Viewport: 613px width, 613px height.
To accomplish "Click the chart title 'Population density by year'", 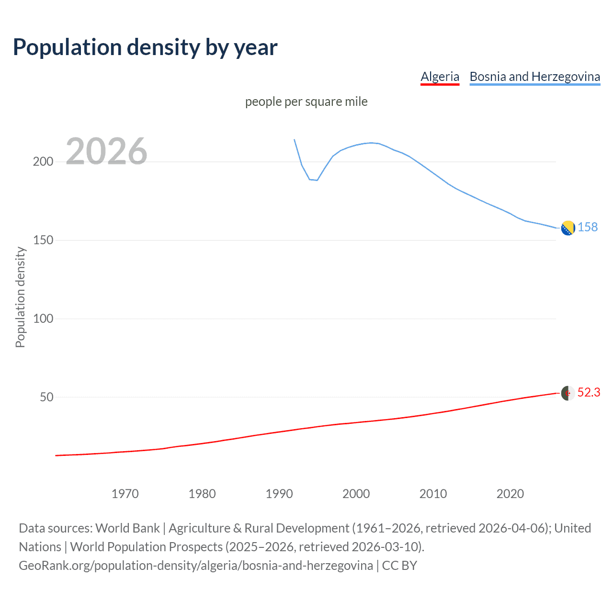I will [145, 47].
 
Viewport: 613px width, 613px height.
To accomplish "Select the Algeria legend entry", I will [440, 77].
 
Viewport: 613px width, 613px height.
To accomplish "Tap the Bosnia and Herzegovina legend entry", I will [534, 77].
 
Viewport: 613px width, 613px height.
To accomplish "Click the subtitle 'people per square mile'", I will [306, 102].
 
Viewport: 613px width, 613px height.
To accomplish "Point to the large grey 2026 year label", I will [106, 151].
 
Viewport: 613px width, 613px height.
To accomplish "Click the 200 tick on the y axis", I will [43, 162].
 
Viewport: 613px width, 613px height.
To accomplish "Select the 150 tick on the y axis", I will [43, 240].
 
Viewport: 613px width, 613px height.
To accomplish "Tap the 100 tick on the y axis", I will [43, 319].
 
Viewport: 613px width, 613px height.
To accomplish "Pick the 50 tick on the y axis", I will [46, 397].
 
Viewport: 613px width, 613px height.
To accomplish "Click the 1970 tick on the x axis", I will [125, 494].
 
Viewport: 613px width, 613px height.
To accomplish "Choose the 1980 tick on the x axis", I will [202, 494].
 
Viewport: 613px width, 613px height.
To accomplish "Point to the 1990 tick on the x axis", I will [279, 494].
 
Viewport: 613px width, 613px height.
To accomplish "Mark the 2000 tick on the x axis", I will [356, 494].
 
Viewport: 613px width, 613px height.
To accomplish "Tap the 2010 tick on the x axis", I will [433, 494].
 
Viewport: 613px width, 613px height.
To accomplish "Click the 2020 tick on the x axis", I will [510, 494].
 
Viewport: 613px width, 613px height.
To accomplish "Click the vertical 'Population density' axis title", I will [20, 297].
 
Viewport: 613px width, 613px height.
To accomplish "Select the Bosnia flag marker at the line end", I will [568, 228].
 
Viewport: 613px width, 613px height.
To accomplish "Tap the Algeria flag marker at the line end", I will [568, 393].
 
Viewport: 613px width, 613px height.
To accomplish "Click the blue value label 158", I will [588, 227].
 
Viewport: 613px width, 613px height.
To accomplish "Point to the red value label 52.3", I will [589, 393].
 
